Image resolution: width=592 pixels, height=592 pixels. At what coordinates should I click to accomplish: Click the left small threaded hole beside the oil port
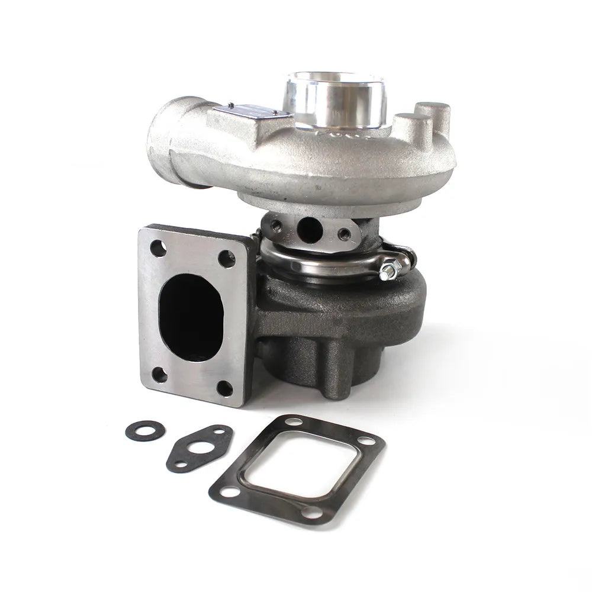[x=277, y=224]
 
